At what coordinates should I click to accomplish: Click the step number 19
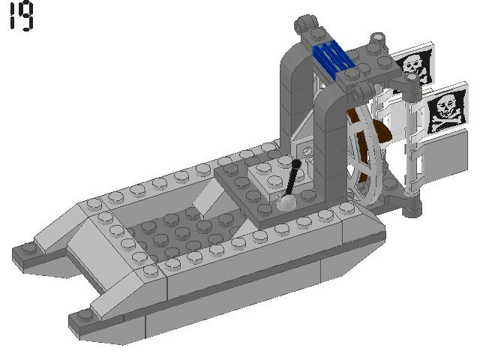tap(22, 16)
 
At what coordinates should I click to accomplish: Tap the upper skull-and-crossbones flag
tap(413, 67)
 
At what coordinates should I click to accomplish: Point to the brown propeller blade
tap(379, 135)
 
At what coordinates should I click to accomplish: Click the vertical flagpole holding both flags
tap(411, 150)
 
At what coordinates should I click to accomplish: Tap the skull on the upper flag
tap(410, 63)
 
